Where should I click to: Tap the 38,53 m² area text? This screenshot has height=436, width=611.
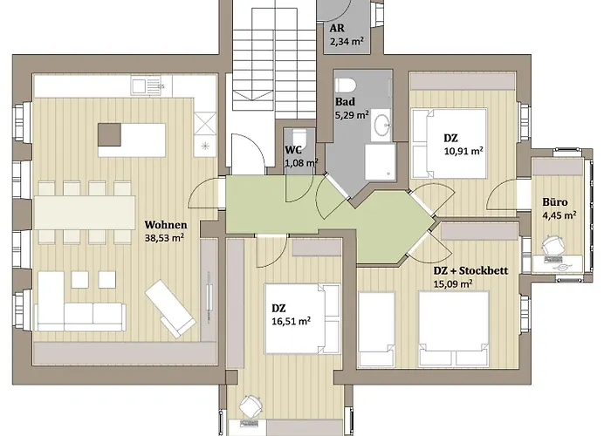pyautogui.click(x=163, y=237)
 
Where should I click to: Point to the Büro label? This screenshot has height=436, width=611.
pyautogui.click(x=558, y=202)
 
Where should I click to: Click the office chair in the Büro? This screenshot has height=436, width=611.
pyautogui.click(x=553, y=249)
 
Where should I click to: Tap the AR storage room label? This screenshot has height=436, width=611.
pyautogui.click(x=337, y=28)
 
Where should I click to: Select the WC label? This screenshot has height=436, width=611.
pyautogui.click(x=293, y=149)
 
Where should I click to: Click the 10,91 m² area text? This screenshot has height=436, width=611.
pyautogui.click(x=463, y=150)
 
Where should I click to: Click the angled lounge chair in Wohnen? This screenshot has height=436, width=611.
pyautogui.click(x=171, y=306)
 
